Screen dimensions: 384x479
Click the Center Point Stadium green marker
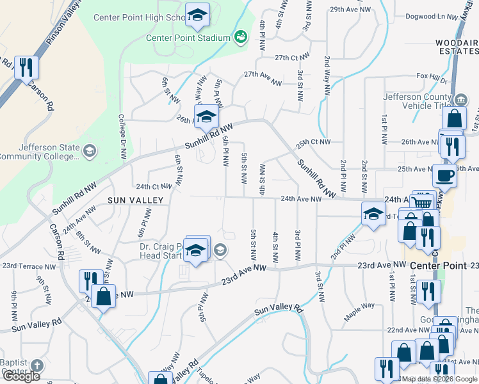tap(241, 38)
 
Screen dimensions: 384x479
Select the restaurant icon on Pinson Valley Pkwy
tap(26, 68)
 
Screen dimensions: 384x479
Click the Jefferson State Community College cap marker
tap(90, 151)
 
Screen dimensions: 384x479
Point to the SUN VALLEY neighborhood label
tap(136, 200)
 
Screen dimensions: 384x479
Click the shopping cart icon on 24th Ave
tap(422, 203)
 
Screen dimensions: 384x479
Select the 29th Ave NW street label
tap(350, 10)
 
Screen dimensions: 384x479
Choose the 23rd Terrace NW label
tap(29, 266)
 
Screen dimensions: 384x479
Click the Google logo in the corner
tap(21, 376)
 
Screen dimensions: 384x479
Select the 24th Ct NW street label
tap(154, 187)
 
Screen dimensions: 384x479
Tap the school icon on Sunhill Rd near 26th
tap(206, 117)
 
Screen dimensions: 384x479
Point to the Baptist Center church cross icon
tap(37, 366)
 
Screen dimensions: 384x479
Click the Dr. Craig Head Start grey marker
tap(220, 250)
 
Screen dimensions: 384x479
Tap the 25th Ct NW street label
tap(313, 142)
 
